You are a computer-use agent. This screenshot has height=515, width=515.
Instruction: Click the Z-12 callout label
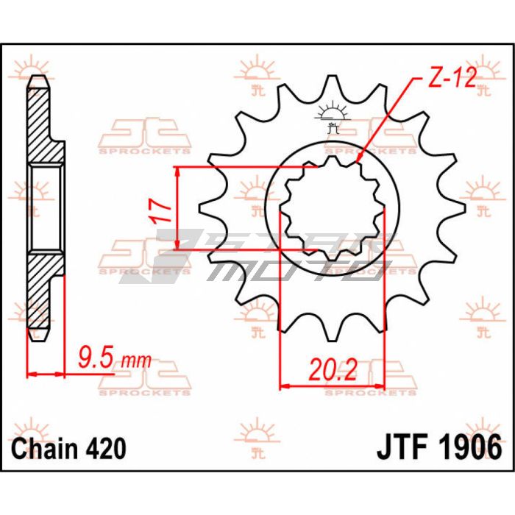click(x=452, y=78)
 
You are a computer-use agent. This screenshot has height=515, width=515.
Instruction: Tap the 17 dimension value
click(x=161, y=212)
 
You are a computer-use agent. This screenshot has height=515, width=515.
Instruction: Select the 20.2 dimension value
click(x=333, y=369)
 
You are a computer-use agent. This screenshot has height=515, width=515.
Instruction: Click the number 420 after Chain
click(x=106, y=449)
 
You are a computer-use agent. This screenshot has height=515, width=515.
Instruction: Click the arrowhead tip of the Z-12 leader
click(x=357, y=163)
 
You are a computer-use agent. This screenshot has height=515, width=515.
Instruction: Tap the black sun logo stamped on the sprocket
click(x=333, y=117)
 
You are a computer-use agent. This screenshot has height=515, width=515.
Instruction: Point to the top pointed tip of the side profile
click(x=39, y=77)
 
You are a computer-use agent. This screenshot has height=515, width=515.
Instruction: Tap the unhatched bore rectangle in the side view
click(x=46, y=208)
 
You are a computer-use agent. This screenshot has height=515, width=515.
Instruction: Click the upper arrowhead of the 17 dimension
click(x=177, y=168)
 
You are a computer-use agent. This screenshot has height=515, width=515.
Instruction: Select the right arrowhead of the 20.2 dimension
click(x=383, y=386)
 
